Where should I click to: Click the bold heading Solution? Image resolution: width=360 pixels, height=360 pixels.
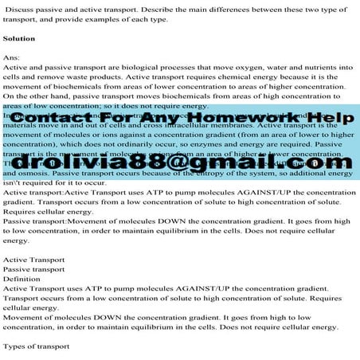pos(19,38)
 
